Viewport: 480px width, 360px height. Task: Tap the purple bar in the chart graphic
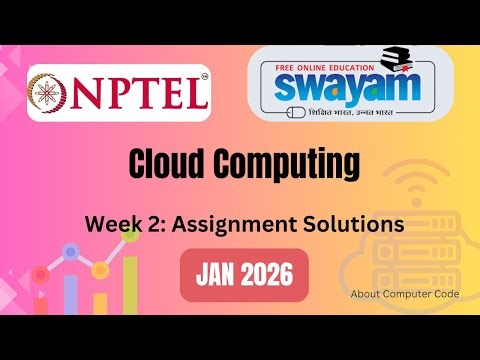coord(71,293)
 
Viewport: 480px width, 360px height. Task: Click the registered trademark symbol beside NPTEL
coord(204,77)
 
